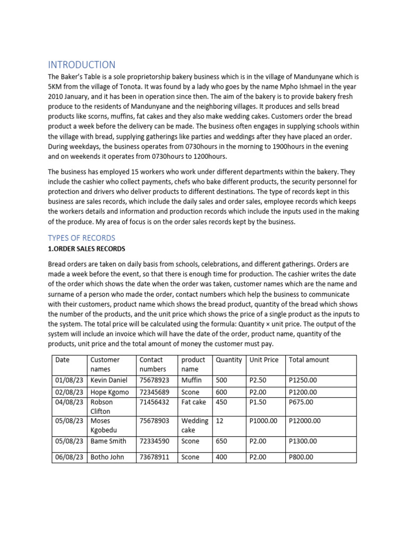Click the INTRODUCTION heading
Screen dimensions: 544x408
[81, 65]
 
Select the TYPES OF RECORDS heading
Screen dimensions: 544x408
[81, 237]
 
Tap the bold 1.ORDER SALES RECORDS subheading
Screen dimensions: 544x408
[87, 248]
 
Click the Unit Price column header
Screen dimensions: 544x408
[263, 360]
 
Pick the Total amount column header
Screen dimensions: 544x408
[309, 360]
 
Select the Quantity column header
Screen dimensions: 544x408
[228, 360]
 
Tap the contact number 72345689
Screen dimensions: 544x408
[154, 392]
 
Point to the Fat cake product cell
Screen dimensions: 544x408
[193, 402]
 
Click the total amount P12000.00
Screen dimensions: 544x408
[304, 420]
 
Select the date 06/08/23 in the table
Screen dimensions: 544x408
[69, 457]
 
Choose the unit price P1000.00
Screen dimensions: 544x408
[263, 420]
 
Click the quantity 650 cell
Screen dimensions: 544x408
[221, 441]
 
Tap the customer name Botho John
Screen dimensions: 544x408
[108, 457]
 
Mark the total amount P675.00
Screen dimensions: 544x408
[301, 402]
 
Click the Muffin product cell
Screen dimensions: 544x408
[191, 380]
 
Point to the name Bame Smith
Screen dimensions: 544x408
[108, 441]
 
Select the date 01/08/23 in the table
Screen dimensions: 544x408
[69, 380]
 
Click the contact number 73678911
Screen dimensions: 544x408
[154, 457]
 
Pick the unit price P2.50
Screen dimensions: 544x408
[259, 380]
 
